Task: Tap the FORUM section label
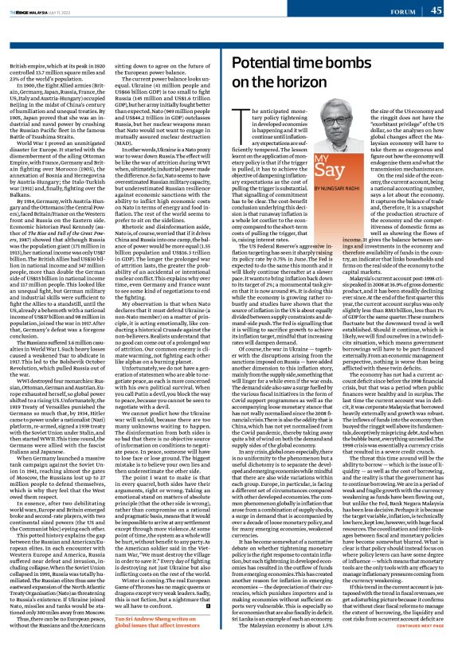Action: tap(401, 11)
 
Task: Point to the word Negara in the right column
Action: tap(406, 505)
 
